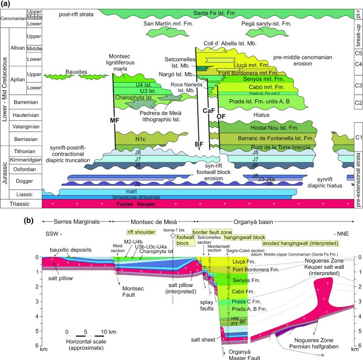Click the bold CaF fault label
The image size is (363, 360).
[207, 111]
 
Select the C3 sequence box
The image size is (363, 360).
[357, 85]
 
